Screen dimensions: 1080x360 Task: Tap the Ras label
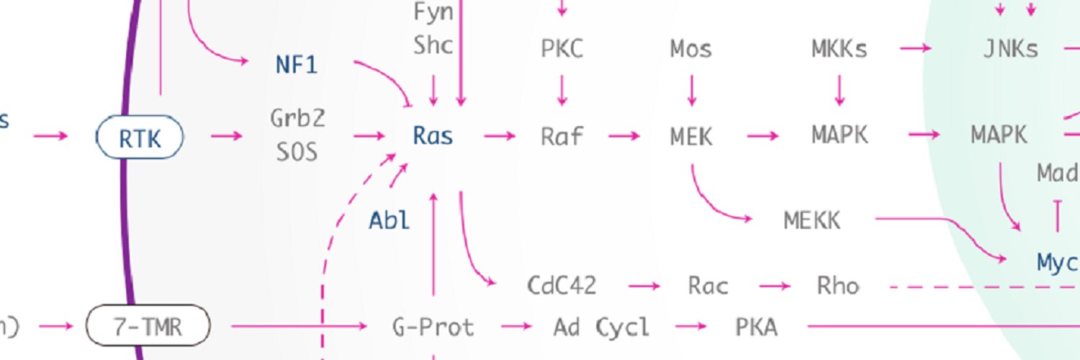click(x=433, y=136)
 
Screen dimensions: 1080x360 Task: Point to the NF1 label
click(x=297, y=65)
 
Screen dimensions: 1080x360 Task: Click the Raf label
click(x=562, y=136)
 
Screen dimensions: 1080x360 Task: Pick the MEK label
click(x=691, y=137)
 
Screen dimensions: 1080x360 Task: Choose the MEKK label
click(x=812, y=221)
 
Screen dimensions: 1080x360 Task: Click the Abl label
click(x=389, y=221)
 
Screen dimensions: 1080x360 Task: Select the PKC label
click(x=562, y=49)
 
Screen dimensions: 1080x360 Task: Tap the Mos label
click(x=691, y=49)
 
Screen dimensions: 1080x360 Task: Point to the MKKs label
click(x=840, y=49)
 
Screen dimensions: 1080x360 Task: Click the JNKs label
click(x=1011, y=49)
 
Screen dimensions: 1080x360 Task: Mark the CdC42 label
click(x=562, y=285)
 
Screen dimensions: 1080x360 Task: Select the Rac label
click(x=708, y=286)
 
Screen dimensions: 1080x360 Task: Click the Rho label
click(x=838, y=286)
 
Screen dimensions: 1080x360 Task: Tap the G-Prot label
click(x=433, y=327)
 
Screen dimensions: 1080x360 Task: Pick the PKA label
click(x=756, y=328)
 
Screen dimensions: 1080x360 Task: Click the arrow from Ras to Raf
click(x=500, y=136)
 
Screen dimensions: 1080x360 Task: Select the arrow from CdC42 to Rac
click(x=644, y=287)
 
